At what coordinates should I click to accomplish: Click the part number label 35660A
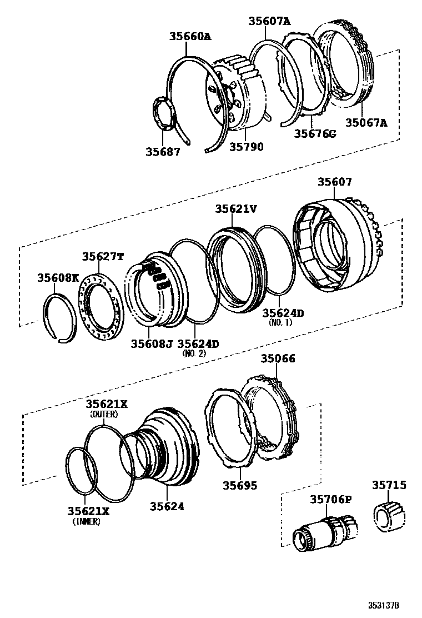tap(190, 37)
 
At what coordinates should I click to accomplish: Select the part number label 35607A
tap(269, 22)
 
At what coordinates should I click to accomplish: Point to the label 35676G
tap(315, 133)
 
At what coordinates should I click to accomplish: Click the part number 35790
tap(247, 147)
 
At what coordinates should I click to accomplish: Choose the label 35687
tap(163, 151)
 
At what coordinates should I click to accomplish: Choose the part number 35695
tap(240, 485)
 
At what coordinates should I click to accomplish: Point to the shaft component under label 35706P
tap(322, 531)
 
